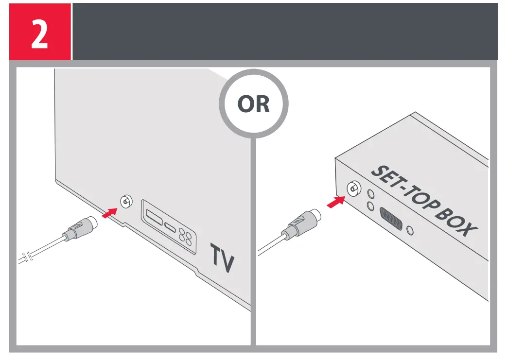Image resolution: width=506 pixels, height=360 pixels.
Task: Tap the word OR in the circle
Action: [x=253, y=105]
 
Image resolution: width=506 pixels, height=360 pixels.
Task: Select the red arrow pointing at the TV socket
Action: [x=110, y=212]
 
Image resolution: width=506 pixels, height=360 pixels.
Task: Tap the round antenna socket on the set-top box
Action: [x=352, y=189]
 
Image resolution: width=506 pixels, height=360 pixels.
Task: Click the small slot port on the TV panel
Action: [x=170, y=227]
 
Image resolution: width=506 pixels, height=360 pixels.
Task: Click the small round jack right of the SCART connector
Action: [x=412, y=229]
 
